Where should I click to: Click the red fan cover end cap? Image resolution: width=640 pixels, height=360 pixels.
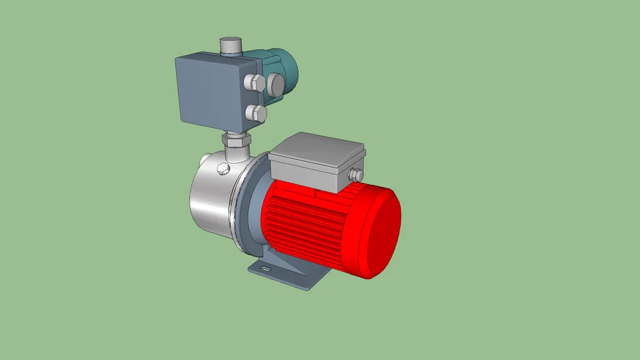point(380,229)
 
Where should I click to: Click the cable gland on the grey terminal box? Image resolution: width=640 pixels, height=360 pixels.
point(356,175)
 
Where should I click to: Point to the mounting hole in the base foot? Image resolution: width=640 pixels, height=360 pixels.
point(264,269)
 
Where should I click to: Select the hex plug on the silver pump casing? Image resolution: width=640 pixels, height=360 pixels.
point(224,168)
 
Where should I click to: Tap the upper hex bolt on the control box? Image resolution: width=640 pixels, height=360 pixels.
point(254,84)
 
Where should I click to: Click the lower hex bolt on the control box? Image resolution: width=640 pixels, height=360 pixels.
point(256,112)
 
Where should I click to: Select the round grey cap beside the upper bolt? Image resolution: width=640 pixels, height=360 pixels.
point(274,85)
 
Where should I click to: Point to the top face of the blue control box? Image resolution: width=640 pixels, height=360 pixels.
point(218,60)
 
